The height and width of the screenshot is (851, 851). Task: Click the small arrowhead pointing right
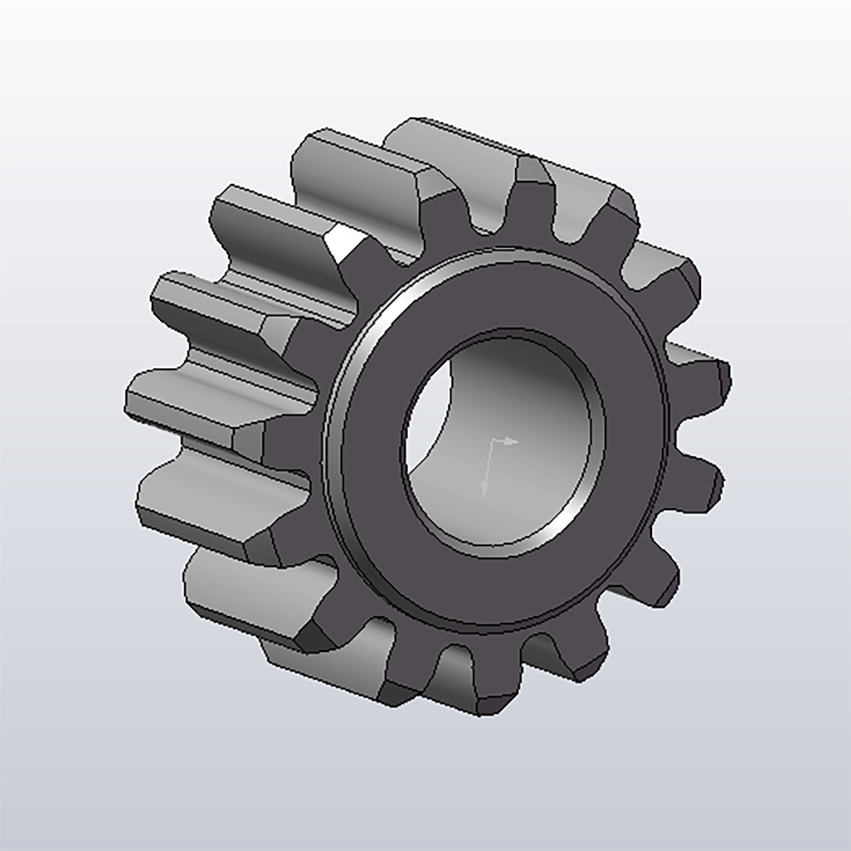pyautogui.click(x=513, y=442)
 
